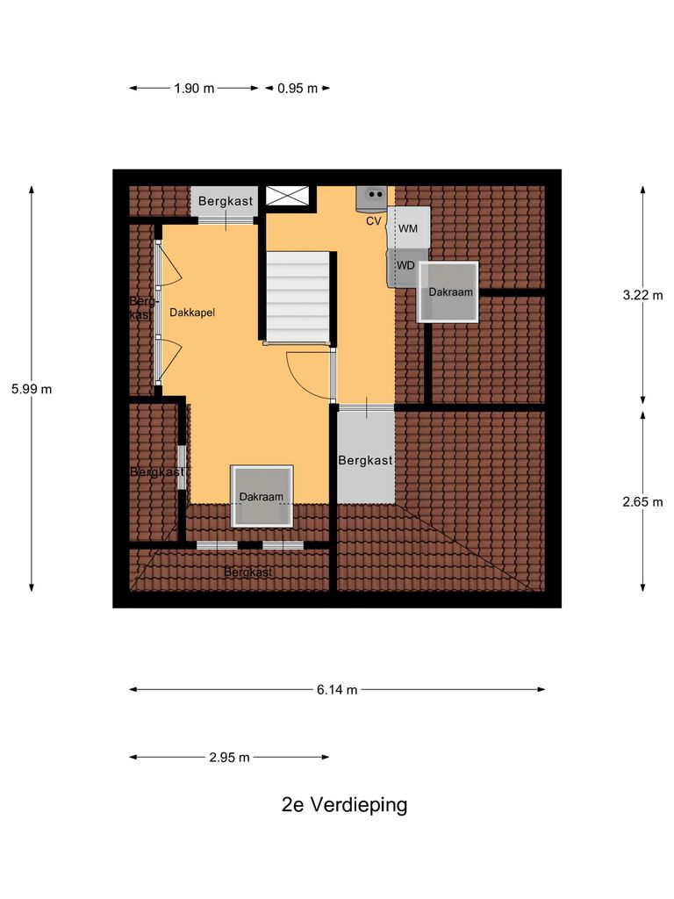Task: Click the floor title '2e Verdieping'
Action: click(x=344, y=805)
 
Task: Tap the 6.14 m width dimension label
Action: click(x=337, y=690)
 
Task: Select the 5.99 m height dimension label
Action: click(x=32, y=389)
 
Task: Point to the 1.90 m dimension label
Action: click(x=195, y=88)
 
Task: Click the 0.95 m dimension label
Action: click(x=298, y=88)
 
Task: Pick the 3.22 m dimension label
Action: click(x=642, y=295)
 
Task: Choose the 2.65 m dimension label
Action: click(x=642, y=501)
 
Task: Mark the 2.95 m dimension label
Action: click(x=229, y=757)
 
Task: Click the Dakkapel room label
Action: click(x=192, y=312)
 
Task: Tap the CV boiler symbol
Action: click(x=375, y=198)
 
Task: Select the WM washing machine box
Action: click(x=409, y=228)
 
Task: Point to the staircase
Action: click(x=298, y=296)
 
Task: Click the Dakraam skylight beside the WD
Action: click(x=449, y=292)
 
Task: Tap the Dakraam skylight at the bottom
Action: click(x=262, y=496)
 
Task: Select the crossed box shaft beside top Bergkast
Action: click(x=287, y=196)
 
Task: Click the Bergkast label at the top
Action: click(x=225, y=201)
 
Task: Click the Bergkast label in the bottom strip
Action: click(x=247, y=572)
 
